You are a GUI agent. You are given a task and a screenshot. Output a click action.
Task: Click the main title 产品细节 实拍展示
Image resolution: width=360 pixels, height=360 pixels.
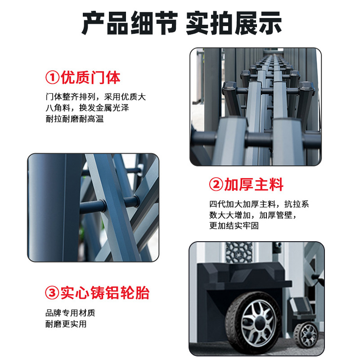pos(182,23)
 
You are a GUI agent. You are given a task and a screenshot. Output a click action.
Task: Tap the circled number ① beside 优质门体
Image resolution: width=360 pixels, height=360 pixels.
pos(53,77)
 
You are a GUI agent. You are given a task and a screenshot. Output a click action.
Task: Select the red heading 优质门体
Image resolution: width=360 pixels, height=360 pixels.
pos(90,77)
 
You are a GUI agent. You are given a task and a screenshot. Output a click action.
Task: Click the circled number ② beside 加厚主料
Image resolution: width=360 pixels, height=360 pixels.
pos(216,184)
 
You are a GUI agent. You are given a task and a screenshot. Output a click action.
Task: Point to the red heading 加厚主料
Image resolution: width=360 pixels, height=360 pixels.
pos(254,184)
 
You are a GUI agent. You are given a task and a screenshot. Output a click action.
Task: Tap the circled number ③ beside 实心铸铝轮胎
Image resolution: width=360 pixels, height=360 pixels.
pos(52,293)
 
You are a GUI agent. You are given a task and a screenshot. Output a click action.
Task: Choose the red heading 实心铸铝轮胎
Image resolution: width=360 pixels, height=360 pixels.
pos(105,293)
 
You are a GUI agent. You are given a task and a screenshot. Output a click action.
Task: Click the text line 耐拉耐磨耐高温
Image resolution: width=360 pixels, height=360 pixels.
pos(75,119)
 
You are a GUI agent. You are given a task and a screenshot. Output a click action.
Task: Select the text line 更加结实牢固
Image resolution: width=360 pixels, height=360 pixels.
pos(234,225)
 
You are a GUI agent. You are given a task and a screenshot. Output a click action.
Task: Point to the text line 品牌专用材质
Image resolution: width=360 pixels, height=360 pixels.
pos(70,313)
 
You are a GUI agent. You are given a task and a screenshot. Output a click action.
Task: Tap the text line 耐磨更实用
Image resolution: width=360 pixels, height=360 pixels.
pos(66,324)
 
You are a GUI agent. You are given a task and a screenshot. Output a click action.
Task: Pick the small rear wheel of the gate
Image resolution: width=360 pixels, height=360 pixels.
pos(306,334)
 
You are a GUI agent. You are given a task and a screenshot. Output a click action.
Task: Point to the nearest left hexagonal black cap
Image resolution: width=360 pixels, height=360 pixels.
pos(230,88)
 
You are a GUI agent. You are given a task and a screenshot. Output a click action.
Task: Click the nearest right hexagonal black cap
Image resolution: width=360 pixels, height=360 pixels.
pos(307,88)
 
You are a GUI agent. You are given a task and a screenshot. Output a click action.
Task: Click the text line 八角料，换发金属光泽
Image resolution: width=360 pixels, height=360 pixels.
pos(87,108)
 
